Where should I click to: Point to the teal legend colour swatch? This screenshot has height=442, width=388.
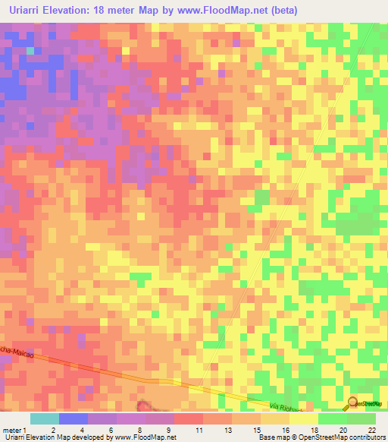45,418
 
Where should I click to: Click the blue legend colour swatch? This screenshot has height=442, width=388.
74,418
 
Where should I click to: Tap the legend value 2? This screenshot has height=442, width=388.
53,430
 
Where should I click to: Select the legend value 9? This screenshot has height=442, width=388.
167,430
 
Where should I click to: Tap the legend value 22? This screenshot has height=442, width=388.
371,430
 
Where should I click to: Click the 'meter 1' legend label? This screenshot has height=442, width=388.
14,430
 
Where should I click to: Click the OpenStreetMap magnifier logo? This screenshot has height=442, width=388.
352,403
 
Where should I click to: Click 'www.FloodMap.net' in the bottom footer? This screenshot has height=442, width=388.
143,438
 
